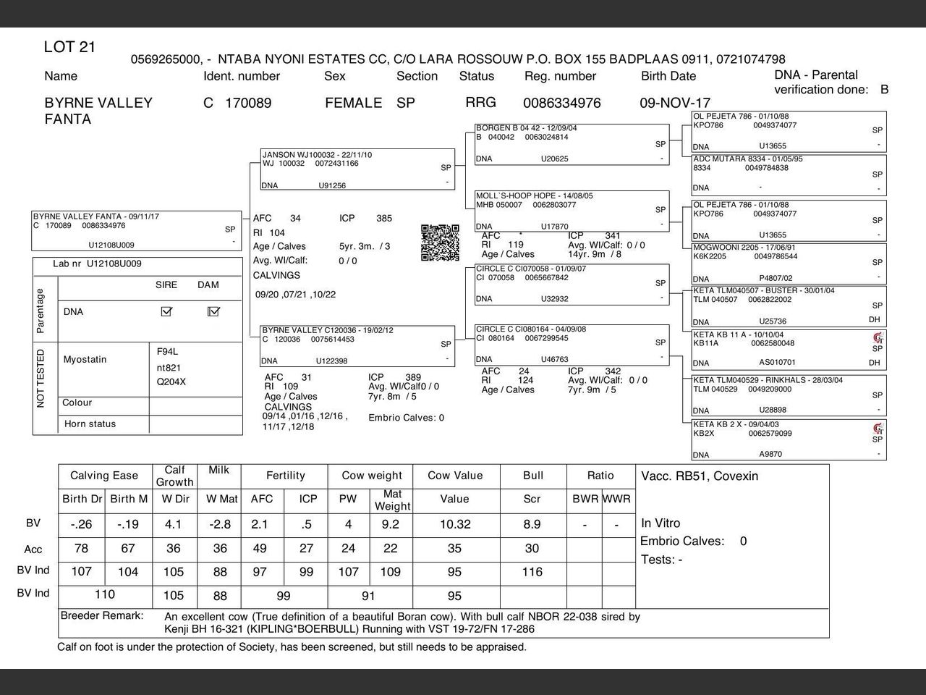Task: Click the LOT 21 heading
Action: [x=69, y=48]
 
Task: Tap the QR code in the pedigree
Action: [x=440, y=243]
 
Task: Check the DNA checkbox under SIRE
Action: [x=166, y=311]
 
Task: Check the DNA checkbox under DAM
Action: [x=213, y=311]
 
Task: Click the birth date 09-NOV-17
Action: [x=674, y=103]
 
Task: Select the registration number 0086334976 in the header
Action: [x=561, y=103]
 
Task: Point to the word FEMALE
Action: [x=353, y=103]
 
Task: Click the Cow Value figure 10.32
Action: [x=455, y=524]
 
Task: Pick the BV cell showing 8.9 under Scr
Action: [x=532, y=524]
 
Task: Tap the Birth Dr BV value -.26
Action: [x=81, y=524]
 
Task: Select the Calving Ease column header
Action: [x=104, y=476]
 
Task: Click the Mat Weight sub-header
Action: [x=393, y=500]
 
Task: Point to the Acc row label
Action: [x=33, y=549]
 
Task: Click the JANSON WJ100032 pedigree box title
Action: [x=307, y=155]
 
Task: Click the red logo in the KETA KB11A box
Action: [x=878, y=337]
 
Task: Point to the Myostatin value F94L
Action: [x=167, y=351]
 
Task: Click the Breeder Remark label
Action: [x=102, y=616]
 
